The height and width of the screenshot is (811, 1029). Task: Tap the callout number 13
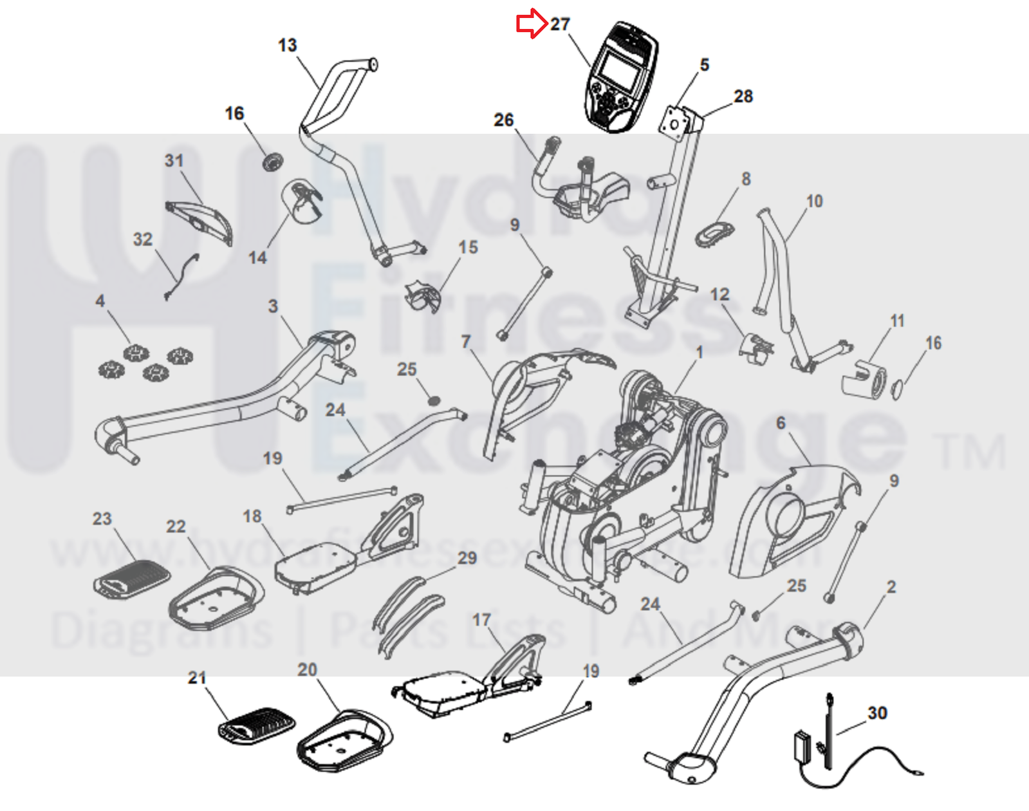(287, 45)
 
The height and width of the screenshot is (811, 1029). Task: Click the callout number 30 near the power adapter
(877, 713)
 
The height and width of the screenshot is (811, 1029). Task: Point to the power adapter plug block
(804, 747)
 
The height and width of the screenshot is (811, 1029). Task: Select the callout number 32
(143, 239)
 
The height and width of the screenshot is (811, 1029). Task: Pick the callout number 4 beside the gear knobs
(100, 301)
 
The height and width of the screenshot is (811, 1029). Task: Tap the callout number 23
(102, 519)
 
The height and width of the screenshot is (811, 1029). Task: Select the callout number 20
(307, 670)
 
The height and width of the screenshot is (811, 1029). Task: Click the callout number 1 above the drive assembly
(700, 352)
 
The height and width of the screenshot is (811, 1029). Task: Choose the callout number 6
(781, 423)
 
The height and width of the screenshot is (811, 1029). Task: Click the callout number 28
(743, 97)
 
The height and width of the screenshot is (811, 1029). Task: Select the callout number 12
(719, 294)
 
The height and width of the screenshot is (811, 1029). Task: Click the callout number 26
(504, 120)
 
